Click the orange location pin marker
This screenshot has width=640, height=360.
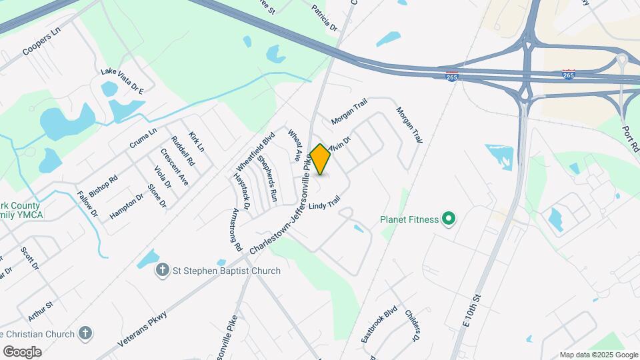(321, 159)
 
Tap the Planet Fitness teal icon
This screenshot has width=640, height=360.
(449, 219)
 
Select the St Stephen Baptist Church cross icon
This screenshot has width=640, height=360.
(162, 271)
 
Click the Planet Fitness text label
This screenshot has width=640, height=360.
(409, 219)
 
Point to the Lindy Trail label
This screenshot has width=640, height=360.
(325, 199)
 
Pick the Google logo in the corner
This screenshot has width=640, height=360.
(22, 351)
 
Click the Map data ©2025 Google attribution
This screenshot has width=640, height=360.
(599, 355)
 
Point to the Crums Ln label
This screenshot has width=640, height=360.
(143, 138)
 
